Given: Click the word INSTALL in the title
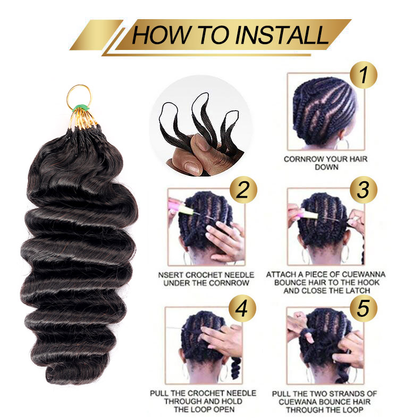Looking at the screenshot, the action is pos(282,35).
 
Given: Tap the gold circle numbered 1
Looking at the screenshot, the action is pos(364,75).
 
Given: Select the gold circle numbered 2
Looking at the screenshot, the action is pos(243,190).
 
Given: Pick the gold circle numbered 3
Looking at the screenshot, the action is pos(364,190).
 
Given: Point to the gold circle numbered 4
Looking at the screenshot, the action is pos(242,308).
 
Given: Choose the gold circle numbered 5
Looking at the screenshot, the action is pos(364,308).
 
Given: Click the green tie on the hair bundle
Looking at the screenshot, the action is pos(80,107).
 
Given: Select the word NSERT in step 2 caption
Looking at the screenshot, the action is pos(171,275).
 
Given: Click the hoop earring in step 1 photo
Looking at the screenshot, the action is pos(343,144).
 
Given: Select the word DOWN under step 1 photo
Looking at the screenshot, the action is pos(326,167).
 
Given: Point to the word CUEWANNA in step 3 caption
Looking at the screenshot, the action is pos(364,274).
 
